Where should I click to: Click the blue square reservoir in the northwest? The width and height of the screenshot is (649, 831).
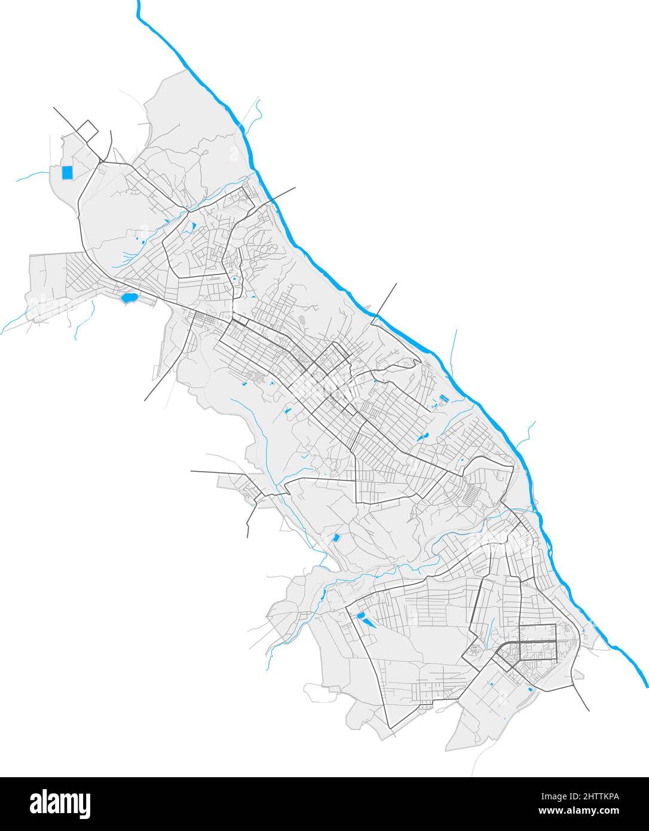[x=67, y=173]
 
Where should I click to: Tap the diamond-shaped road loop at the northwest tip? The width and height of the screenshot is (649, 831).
[x=87, y=131]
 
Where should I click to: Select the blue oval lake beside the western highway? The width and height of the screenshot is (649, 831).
[x=127, y=297]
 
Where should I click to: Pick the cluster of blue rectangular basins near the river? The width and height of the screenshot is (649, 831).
[x=443, y=399]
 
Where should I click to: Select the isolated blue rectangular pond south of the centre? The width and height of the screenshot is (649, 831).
[x=336, y=538]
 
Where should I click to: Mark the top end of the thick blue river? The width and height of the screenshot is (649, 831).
[x=139, y=4]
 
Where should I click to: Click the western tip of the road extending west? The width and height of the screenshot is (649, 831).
[x=192, y=471]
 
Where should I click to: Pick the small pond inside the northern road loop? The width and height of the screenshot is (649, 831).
[x=193, y=227]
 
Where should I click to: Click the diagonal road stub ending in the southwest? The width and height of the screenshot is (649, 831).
[x=146, y=399]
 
